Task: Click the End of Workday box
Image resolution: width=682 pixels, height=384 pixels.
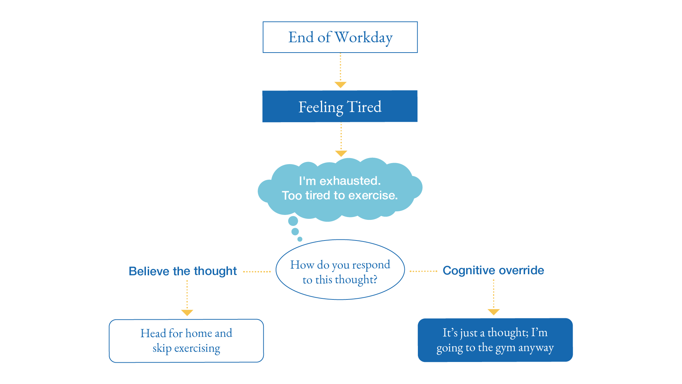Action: click(340, 37)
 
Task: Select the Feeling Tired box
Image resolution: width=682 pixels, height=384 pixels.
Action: click(340, 107)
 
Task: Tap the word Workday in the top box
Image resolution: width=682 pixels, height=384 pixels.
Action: click(364, 37)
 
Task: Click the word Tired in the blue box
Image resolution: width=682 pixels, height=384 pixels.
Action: click(364, 107)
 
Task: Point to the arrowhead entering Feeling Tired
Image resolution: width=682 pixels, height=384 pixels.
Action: click(340, 85)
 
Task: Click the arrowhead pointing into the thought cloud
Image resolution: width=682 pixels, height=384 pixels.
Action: click(341, 153)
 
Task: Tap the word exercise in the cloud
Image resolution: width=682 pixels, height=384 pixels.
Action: click(372, 195)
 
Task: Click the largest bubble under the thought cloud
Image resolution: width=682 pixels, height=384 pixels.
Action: click(293, 221)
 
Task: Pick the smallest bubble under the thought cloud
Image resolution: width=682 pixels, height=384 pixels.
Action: click(300, 239)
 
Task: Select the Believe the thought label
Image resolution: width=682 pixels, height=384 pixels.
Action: click(182, 271)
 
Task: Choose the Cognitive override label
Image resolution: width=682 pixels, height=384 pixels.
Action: click(493, 270)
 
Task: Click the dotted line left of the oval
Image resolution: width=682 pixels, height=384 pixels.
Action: click(257, 272)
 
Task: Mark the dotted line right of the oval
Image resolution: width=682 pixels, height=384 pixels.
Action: click(423, 271)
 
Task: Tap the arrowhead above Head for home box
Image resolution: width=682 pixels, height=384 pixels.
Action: click(187, 313)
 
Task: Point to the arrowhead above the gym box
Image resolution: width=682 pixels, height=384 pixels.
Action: click(494, 312)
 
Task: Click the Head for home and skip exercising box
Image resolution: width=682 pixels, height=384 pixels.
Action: click(186, 341)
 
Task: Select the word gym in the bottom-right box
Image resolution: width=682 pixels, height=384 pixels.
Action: click(506, 348)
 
